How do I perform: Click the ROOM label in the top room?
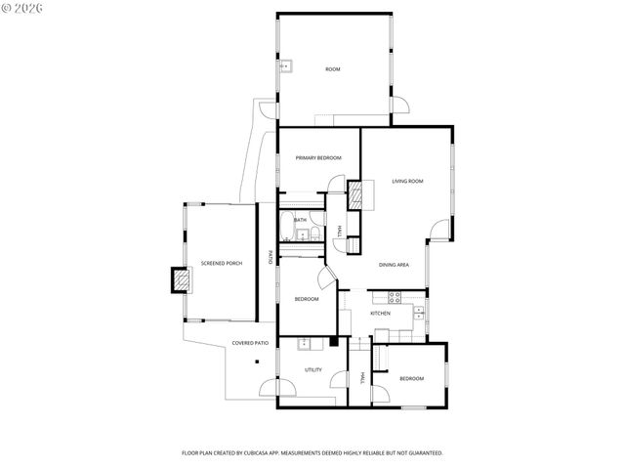coord(333,68)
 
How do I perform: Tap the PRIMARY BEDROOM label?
coord(318,157)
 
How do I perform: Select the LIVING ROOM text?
coord(407,181)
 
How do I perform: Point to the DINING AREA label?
coord(394,265)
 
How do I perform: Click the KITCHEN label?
coord(380,314)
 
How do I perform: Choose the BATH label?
coord(300,220)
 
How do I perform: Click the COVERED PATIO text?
coord(249,343)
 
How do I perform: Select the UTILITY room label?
coord(313,370)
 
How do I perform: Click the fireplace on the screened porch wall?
coord(181,280)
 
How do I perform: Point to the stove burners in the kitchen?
coord(396,296)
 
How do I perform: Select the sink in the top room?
coord(287,67)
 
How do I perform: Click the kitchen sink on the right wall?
coord(418,313)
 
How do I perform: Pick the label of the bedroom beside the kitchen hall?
coord(411,378)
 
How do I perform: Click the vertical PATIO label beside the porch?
coord(271,259)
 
